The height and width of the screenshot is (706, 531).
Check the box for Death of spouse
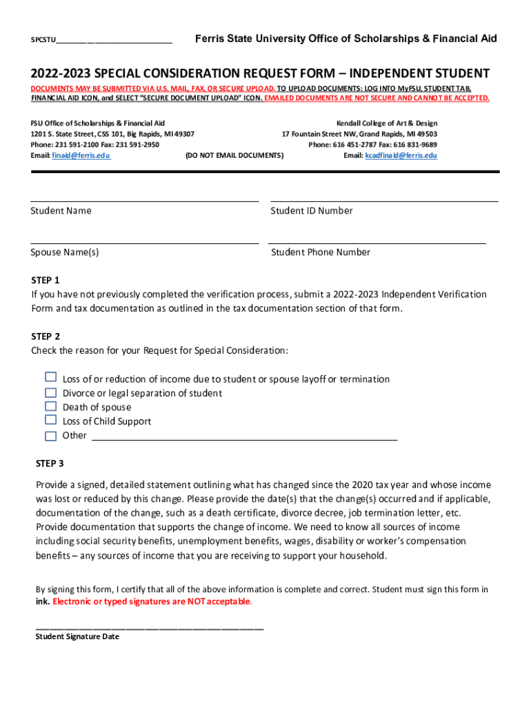pyautogui.click(x=50, y=406)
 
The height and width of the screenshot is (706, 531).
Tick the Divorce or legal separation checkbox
pyautogui.click(x=50, y=392)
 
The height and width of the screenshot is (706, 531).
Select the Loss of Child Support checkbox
pyautogui.click(x=50, y=420)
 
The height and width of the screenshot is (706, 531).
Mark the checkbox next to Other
pyautogui.click(x=50, y=436)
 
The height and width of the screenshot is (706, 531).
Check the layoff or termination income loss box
pyautogui.click(x=50, y=377)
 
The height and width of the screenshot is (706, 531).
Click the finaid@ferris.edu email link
pyautogui.click(x=81, y=156)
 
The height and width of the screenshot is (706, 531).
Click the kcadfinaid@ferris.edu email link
pyautogui.click(x=401, y=156)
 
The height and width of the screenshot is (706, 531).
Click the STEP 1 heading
pyautogui.click(x=46, y=280)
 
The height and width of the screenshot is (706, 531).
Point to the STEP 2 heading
pyautogui.click(x=46, y=336)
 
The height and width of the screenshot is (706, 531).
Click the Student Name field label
pyautogui.click(x=61, y=211)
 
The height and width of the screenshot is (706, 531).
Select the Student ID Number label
pyautogui.click(x=311, y=211)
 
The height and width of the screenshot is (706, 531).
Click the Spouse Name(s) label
pyautogui.click(x=65, y=252)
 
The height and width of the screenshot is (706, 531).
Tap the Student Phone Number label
pyautogui.click(x=320, y=252)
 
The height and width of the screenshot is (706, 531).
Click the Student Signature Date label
pyautogui.click(x=77, y=637)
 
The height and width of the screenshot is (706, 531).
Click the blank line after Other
pyautogui.click(x=244, y=436)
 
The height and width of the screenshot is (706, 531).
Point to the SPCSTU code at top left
pyautogui.click(x=43, y=40)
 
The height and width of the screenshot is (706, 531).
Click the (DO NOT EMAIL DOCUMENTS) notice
pyautogui.click(x=234, y=156)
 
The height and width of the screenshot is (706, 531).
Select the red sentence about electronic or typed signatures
pyautogui.click(x=152, y=602)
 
